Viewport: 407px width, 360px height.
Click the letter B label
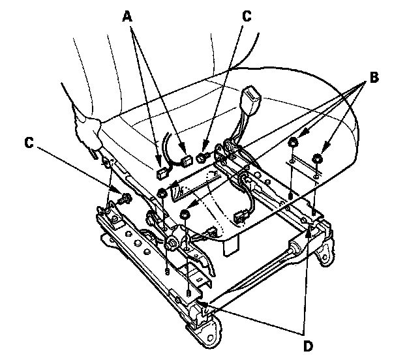pyautogui.click(x=374, y=78)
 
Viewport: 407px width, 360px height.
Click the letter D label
pyautogui.click(x=308, y=346)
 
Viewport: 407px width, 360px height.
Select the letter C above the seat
pyautogui.click(x=247, y=16)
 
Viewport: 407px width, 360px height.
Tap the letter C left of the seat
pyautogui.click(x=29, y=143)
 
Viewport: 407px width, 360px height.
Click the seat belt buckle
pyautogui.click(x=250, y=97)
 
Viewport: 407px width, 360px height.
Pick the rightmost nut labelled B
pyautogui.click(x=317, y=158)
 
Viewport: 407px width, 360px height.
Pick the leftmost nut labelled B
pyautogui.click(x=162, y=192)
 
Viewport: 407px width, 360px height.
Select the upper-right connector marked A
pyautogui.click(x=187, y=161)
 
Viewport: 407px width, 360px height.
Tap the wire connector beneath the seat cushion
pyautogui.click(x=240, y=218)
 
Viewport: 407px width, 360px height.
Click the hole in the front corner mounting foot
pyautogui.click(x=211, y=338)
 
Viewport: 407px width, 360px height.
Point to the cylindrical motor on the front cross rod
pyautogui.click(x=294, y=247)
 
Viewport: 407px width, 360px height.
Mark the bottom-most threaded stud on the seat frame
pyautogui.click(x=188, y=293)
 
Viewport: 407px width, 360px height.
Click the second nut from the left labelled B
pyautogui.click(x=185, y=215)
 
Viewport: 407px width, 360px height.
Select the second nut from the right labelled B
pyautogui.click(x=293, y=142)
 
